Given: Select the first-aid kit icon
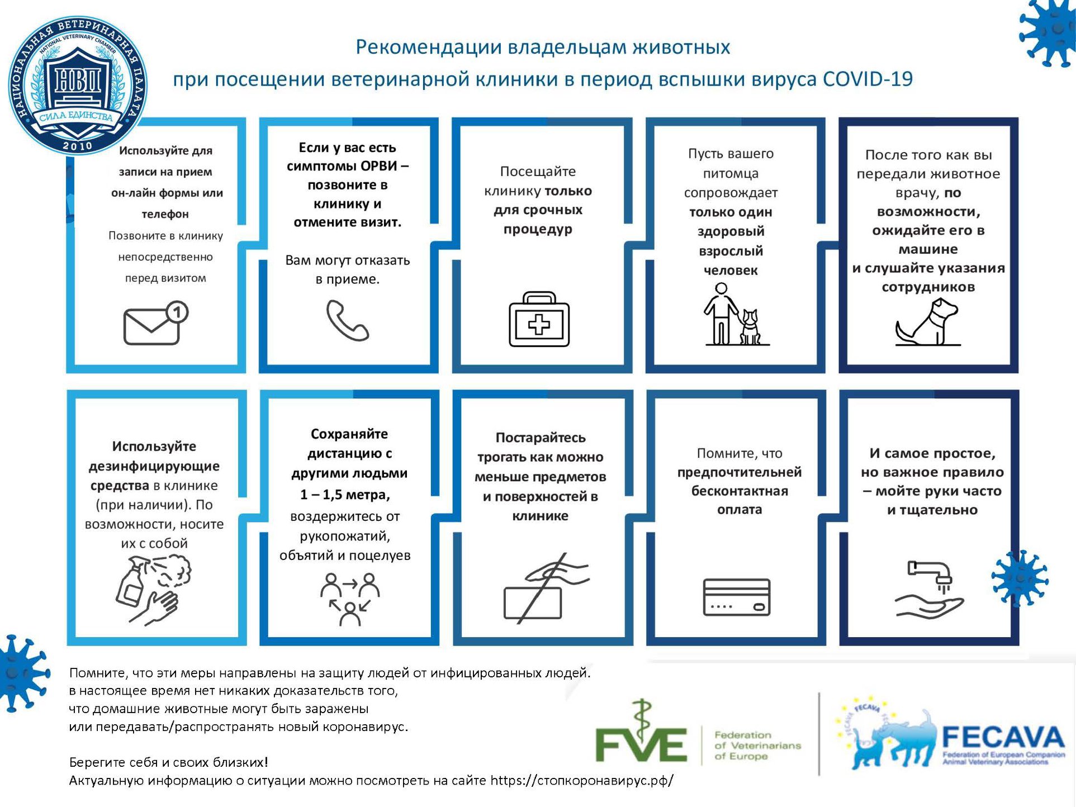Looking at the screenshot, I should click(x=539, y=320).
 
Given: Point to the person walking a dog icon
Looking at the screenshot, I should click(x=732, y=315).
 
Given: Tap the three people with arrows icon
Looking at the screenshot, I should click(x=350, y=599).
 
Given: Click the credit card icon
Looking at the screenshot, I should click(x=736, y=597).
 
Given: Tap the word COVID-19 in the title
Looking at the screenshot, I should click(x=868, y=79).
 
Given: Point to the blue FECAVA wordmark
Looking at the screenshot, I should click(x=1003, y=737).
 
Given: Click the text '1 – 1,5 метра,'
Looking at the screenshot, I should click(x=345, y=495).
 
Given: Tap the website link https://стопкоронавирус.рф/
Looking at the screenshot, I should click(x=581, y=780).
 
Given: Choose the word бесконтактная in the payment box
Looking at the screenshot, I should click(x=740, y=491).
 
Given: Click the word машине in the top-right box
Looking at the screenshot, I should click(x=928, y=249).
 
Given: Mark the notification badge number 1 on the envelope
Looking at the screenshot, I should click(x=177, y=312).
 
